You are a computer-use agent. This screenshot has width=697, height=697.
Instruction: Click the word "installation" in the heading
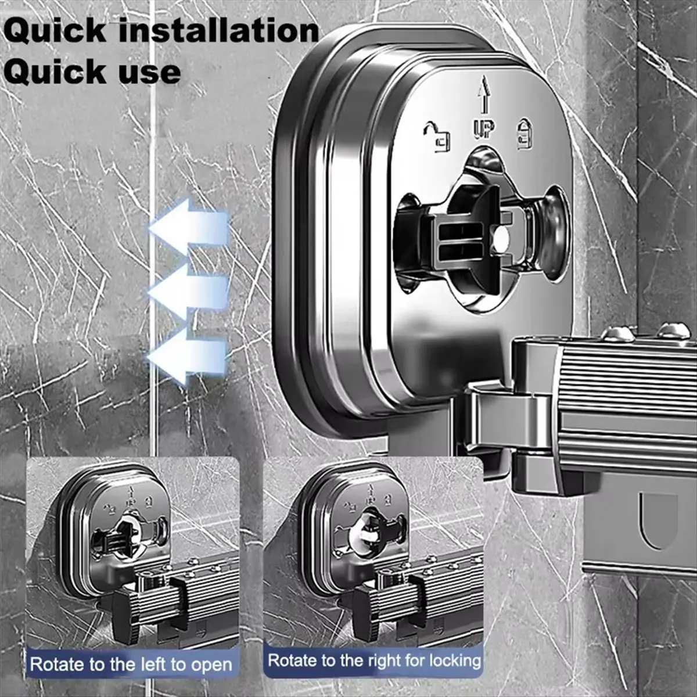[x=218, y=31]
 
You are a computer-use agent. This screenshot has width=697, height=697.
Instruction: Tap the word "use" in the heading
[x=141, y=73]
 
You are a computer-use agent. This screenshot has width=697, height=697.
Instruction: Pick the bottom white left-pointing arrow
[x=188, y=356]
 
